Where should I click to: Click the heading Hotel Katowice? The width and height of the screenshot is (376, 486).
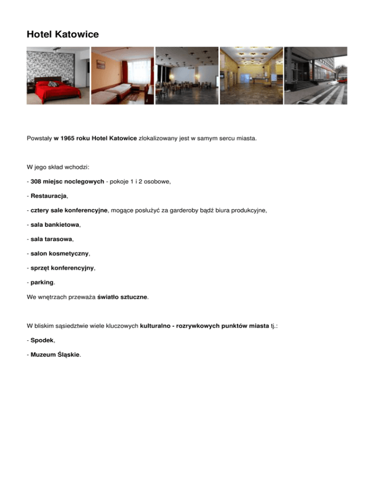pos(63,35)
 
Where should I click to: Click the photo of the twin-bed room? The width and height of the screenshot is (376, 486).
pos(122,76)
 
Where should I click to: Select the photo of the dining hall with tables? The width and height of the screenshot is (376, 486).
pos(187,76)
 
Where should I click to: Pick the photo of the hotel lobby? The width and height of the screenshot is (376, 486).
pos(251,76)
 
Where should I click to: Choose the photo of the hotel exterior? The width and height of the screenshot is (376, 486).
pos(316,76)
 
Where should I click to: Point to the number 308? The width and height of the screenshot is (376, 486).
pos(37,181)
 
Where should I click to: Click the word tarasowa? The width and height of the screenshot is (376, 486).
pos(58,239)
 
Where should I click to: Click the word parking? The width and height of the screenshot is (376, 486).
pos(42,282)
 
